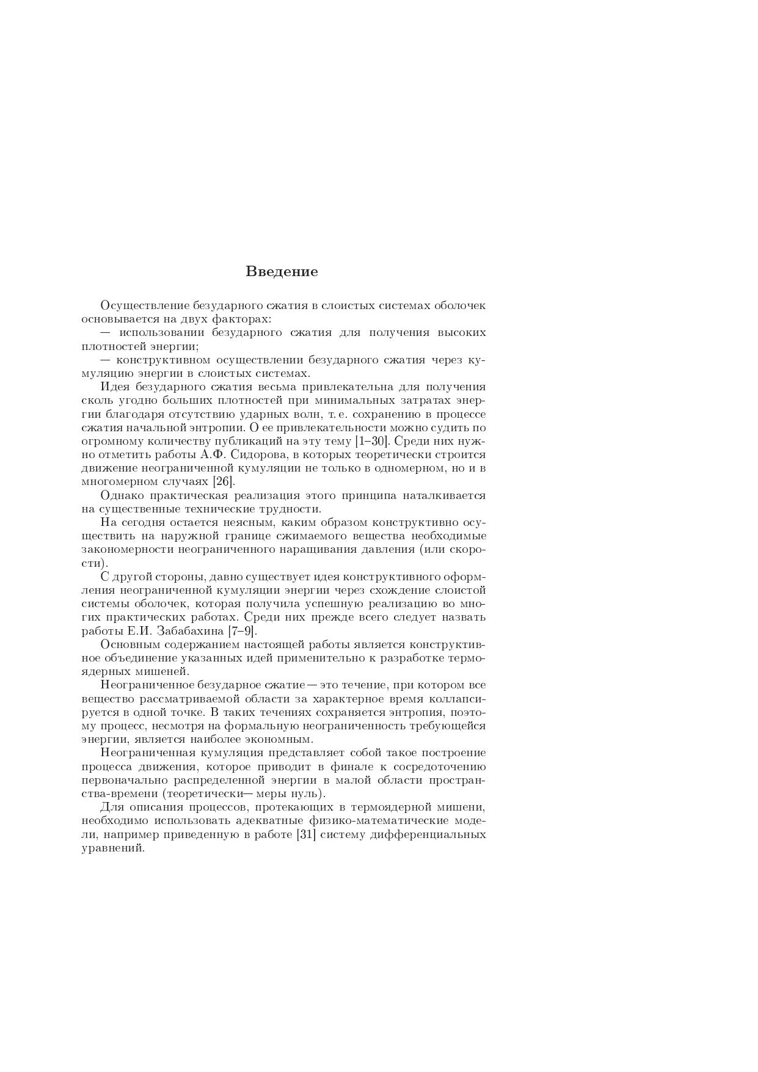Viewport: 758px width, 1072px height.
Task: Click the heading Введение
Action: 282,272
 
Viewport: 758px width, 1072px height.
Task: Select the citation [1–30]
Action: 372,441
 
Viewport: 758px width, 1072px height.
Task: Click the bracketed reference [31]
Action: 305,834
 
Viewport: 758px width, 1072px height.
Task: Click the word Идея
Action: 115,387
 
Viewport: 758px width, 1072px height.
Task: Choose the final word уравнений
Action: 112,848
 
